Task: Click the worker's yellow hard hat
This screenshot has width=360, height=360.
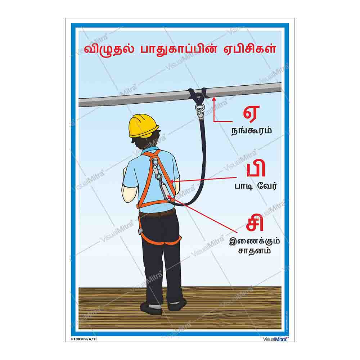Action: pyautogui.click(x=144, y=125)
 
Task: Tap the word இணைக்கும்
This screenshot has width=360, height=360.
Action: pyautogui.click(x=254, y=241)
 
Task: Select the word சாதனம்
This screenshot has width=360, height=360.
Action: pyautogui.click(x=254, y=251)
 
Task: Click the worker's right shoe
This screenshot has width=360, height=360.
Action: pyautogui.click(x=177, y=304)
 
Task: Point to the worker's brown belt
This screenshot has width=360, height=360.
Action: pyautogui.click(x=157, y=214)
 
